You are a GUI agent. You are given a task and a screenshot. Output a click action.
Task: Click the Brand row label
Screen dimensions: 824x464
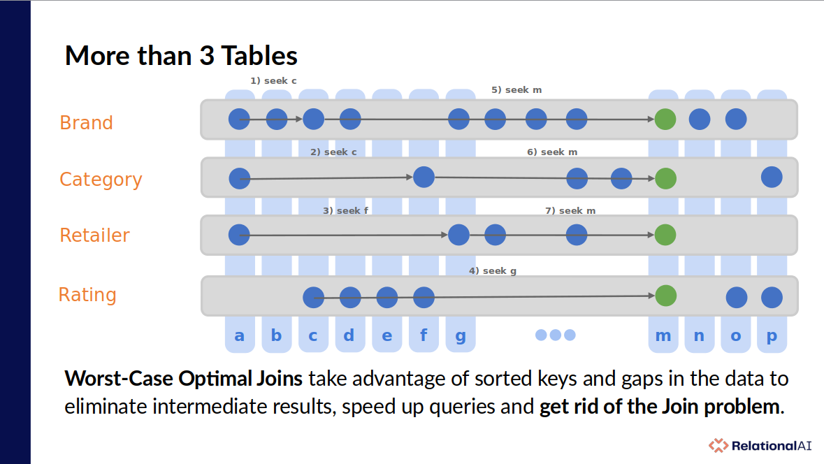coord(86,122)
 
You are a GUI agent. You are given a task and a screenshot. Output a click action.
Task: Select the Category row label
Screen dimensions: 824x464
coord(101,180)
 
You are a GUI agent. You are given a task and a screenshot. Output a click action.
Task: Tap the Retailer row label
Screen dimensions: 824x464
coord(94,235)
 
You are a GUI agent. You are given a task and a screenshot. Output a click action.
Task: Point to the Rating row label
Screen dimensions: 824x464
coord(87,295)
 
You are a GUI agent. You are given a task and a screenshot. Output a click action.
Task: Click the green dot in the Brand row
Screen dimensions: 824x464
coord(665,119)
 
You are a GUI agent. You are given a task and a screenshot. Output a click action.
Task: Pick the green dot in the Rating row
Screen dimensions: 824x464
coord(666,296)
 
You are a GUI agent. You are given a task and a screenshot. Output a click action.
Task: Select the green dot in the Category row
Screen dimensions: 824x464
coord(666,179)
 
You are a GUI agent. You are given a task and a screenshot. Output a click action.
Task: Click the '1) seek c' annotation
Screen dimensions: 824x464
coord(273,81)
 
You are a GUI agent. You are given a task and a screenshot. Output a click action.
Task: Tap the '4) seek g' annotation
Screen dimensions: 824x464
coord(493,270)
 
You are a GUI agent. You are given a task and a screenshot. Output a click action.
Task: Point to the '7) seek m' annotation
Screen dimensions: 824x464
coord(570,211)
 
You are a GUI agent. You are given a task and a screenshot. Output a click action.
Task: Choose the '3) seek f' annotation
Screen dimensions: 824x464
coord(345,211)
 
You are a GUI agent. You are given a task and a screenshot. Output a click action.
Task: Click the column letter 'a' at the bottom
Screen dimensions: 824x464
coord(239,335)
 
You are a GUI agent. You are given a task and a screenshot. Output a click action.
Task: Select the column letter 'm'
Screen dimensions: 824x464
coord(663,335)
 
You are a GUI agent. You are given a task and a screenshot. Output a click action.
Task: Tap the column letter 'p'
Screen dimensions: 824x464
coord(772,336)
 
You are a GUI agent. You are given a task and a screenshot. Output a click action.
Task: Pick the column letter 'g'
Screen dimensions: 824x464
coord(461,336)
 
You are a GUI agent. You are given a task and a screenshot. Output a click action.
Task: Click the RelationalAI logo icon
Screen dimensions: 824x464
coord(718,446)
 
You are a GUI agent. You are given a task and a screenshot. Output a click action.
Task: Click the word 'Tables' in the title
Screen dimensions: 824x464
coord(259,56)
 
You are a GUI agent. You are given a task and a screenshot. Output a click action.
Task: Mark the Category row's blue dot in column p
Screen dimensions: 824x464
coord(772,177)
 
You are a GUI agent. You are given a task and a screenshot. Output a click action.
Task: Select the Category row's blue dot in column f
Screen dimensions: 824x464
coord(424,177)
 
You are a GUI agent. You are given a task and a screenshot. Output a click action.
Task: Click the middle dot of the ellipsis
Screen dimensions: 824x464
coord(556,335)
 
